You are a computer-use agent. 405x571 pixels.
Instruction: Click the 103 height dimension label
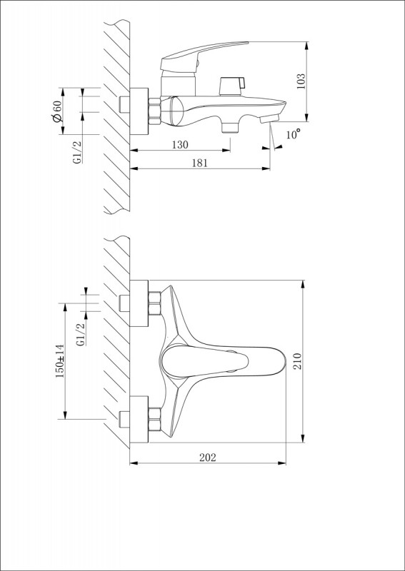(301, 82)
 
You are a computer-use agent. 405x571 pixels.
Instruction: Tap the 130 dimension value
(180, 145)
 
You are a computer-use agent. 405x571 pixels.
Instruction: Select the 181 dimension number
(199, 163)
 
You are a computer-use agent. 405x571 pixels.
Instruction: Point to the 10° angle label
(293, 134)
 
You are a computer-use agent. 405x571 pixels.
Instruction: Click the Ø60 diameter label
(57, 111)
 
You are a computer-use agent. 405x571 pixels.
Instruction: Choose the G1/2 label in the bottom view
(82, 334)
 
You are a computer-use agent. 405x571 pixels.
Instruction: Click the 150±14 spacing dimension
(60, 361)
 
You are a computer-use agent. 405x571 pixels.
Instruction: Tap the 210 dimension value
(298, 361)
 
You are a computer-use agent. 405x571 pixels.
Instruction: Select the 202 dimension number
(208, 458)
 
